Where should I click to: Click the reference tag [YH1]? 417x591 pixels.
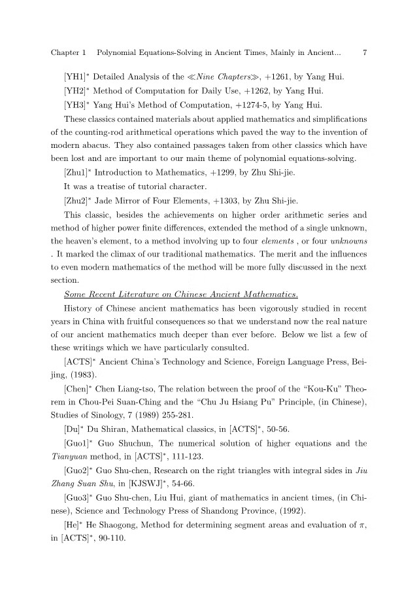(76, 77)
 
